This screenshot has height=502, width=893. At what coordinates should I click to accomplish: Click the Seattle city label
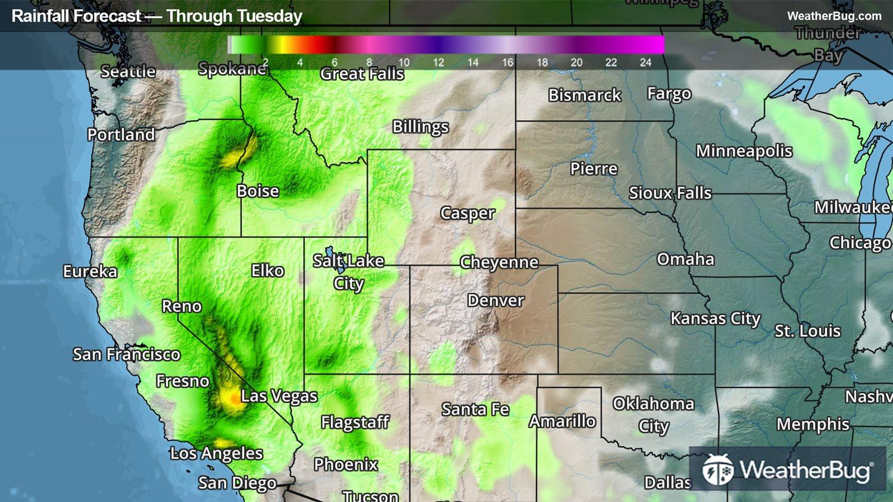[128, 71]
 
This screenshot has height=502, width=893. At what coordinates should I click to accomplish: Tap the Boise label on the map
[258, 191]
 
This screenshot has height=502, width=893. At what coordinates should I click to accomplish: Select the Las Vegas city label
[279, 396]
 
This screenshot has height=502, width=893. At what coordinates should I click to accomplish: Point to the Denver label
[495, 300]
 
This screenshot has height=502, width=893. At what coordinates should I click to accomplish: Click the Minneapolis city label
[744, 151]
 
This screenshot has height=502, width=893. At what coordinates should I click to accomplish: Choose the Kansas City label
[715, 319]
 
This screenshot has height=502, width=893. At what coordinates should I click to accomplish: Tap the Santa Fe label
[475, 409]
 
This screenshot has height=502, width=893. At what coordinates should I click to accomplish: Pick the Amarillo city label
[562, 421]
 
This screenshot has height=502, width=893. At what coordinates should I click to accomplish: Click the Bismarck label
[584, 95]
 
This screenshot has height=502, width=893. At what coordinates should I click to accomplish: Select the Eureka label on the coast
[90, 271]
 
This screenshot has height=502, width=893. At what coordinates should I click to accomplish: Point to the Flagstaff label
[355, 422]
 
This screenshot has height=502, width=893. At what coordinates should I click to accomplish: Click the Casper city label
[467, 213]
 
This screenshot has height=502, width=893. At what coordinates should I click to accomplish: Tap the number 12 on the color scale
[438, 62]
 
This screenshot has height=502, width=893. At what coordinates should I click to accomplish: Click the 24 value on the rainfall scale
[645, 62]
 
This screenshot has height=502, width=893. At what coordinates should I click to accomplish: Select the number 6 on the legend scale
[335, 62]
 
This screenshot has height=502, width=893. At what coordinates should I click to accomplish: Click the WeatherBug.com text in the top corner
[834, 16]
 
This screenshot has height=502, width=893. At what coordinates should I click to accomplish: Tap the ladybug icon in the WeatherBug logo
[717, 470]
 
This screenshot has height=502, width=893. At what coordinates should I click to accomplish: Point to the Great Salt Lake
[329, 257]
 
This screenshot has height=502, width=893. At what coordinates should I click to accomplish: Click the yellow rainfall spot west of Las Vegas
[230, 397]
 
